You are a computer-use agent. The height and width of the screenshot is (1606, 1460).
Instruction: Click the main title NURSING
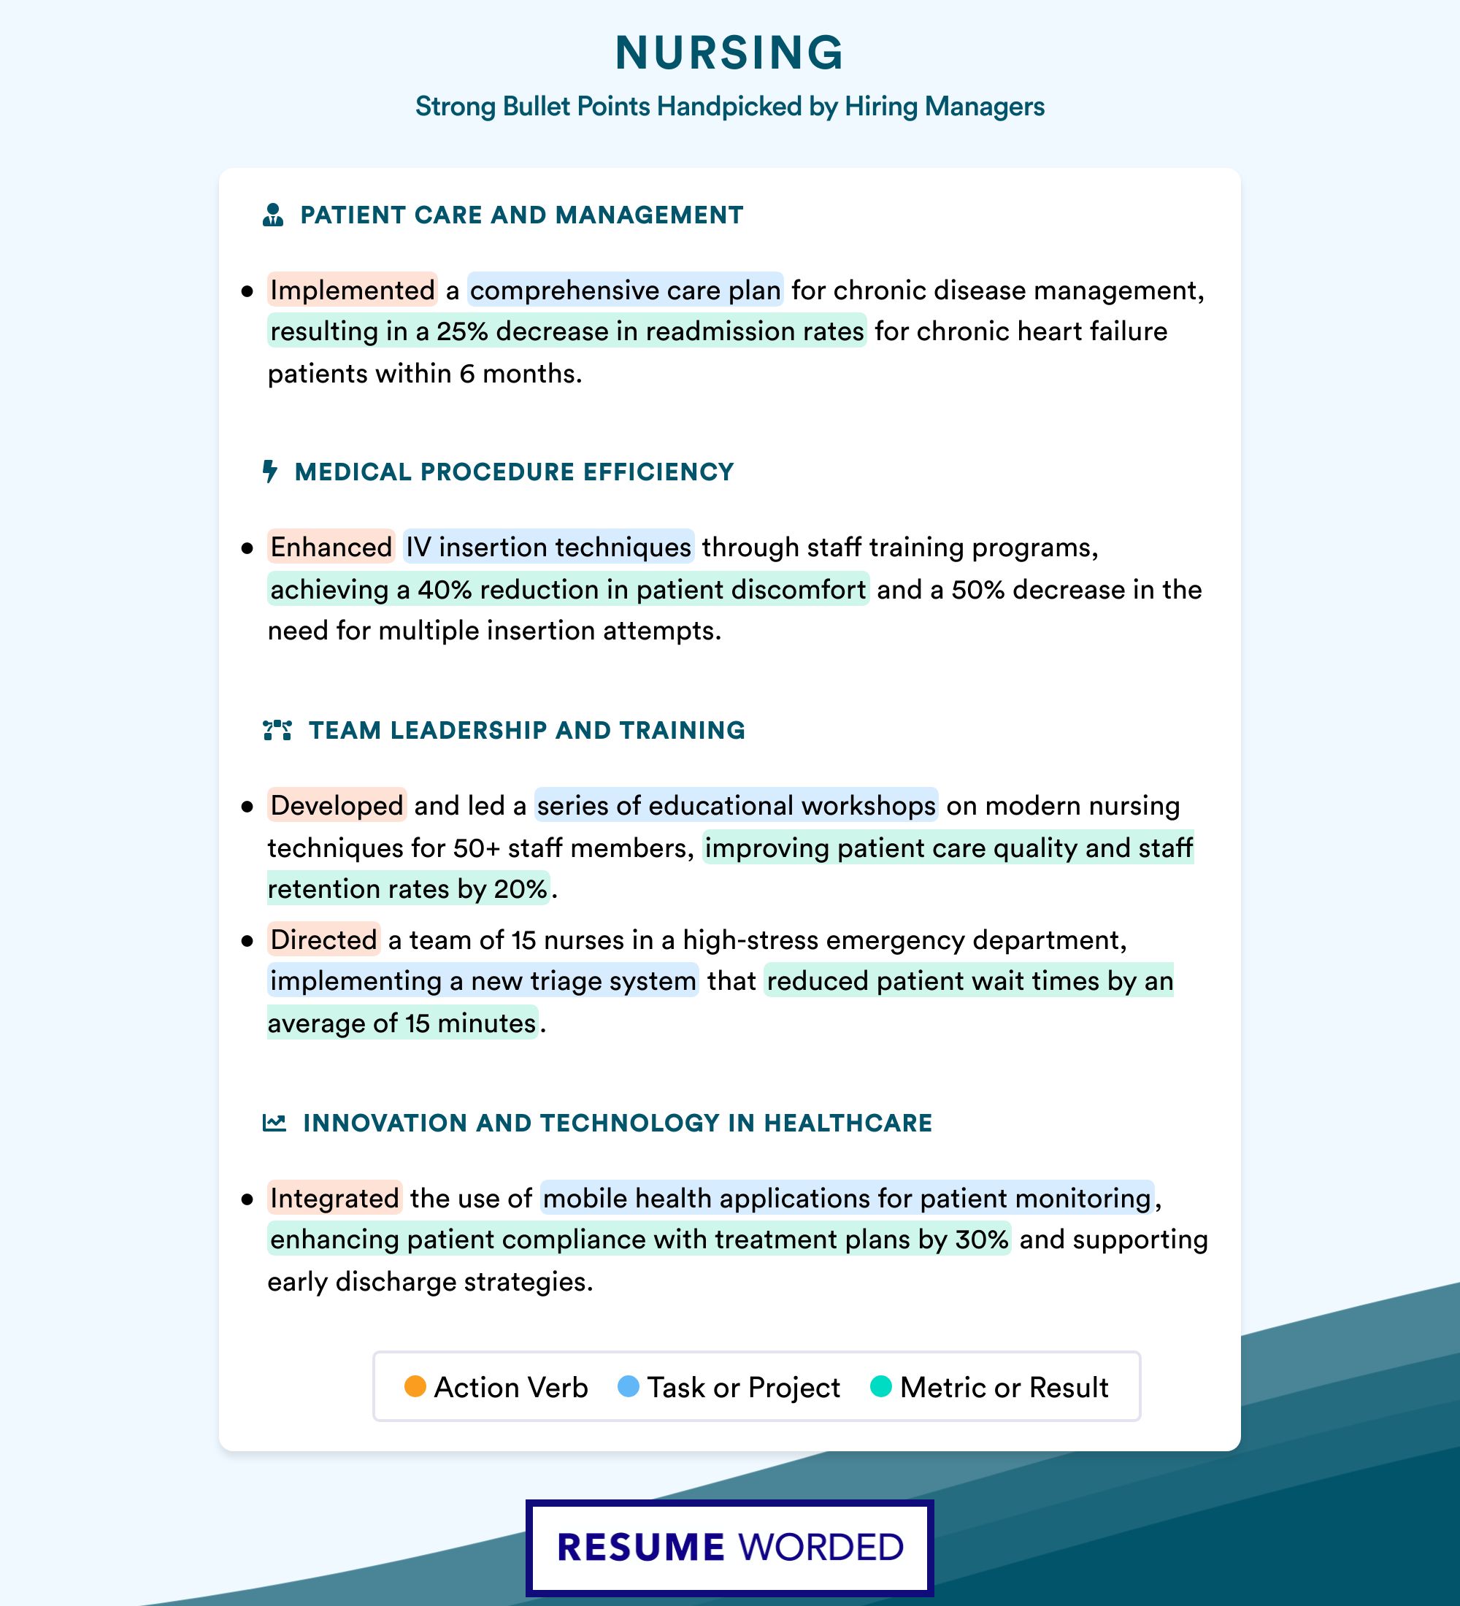[729, 53]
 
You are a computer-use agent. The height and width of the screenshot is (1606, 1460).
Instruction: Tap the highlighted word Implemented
[352, 290]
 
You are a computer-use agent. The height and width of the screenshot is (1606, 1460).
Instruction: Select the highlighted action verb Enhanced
[331, 547]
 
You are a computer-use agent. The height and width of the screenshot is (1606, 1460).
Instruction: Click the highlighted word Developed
[336, 805]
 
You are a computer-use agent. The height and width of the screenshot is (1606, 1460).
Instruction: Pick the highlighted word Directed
[323, 940]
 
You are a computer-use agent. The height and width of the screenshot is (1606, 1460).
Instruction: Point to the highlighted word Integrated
[334, 1198]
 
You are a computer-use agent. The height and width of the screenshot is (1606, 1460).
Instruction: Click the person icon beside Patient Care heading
[273, 215]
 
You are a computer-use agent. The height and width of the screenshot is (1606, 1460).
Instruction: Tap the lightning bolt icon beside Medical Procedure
[270, 472]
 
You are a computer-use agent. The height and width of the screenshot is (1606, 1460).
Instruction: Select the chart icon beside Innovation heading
[274, 1123]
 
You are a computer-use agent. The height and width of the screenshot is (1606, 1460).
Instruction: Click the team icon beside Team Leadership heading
[277, 731]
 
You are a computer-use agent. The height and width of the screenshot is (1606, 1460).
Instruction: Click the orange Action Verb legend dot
[415, 1387]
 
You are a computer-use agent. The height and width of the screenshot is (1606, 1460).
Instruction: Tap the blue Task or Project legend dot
[629, 1387]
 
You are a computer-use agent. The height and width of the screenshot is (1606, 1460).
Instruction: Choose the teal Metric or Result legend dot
[881, 1387]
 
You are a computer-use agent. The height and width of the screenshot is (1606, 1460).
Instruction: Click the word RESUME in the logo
[640, 1548]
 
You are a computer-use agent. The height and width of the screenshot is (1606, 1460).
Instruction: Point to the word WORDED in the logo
[821, 1548]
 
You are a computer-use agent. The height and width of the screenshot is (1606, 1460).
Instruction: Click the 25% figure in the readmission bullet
[462, 331]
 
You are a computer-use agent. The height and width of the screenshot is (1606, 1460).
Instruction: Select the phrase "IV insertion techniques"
[548, 547]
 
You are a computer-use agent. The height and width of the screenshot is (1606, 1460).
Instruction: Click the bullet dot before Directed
[247, 941]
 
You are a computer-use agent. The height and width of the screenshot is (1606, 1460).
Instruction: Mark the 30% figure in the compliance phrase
[982, 1240]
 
